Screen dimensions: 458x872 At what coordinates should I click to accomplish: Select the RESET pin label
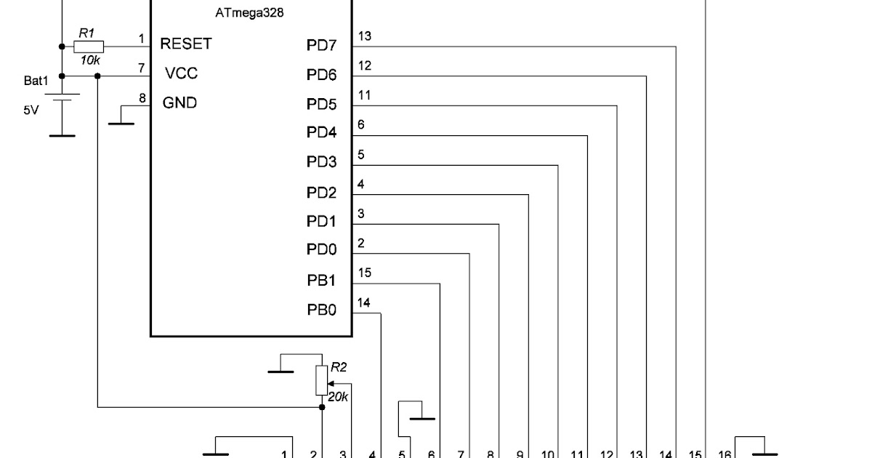click(x=186, y=44)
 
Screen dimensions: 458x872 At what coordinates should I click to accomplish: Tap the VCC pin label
click(x=181, y=73)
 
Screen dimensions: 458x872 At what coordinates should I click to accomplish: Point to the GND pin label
click(x=179, y=103)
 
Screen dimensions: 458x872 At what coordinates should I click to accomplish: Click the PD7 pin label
click(x=321, y=47)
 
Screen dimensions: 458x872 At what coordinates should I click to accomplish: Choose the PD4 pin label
click(x=321, y=134)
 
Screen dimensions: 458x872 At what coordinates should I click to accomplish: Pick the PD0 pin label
click(x=321, y=250)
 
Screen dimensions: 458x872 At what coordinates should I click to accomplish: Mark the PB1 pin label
click(x=321, y=281)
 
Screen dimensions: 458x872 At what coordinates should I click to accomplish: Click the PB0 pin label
click(x=321, y=310)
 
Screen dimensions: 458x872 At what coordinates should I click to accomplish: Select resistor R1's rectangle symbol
click(x=89, y=47)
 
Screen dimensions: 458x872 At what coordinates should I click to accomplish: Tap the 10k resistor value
click(x=90, y=60)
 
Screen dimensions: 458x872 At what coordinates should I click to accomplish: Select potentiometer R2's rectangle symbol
click(x=322, y=380)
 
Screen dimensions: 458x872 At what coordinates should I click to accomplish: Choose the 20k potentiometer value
click(x=338, y=397)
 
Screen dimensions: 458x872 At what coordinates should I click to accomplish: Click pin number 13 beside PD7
click(x=365, y=36)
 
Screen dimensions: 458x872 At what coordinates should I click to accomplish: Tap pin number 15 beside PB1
click(x=365, y=273)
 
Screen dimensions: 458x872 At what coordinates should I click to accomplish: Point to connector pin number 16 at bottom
click(x=724, y=454)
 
